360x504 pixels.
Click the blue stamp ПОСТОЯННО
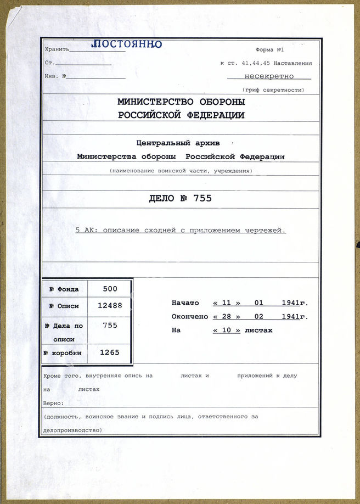tap(126, 44)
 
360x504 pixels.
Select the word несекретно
tap(269, 76)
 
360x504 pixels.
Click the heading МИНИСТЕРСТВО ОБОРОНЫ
tap(181, 102)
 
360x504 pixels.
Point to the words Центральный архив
tap(181, 143)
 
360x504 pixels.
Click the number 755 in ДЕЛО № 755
tap(201, 199)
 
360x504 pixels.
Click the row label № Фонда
tap(64, 289)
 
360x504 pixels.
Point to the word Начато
tap(185, 303)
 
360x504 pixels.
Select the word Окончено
tap(189, 317)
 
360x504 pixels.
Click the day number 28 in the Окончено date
tap(226, 317)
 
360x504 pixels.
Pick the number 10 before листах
tap(226, 330)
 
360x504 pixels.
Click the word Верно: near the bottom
tap(53, 403)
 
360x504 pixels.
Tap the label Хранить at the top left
tap(57, 49)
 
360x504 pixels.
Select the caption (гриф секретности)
tap(273, 89)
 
